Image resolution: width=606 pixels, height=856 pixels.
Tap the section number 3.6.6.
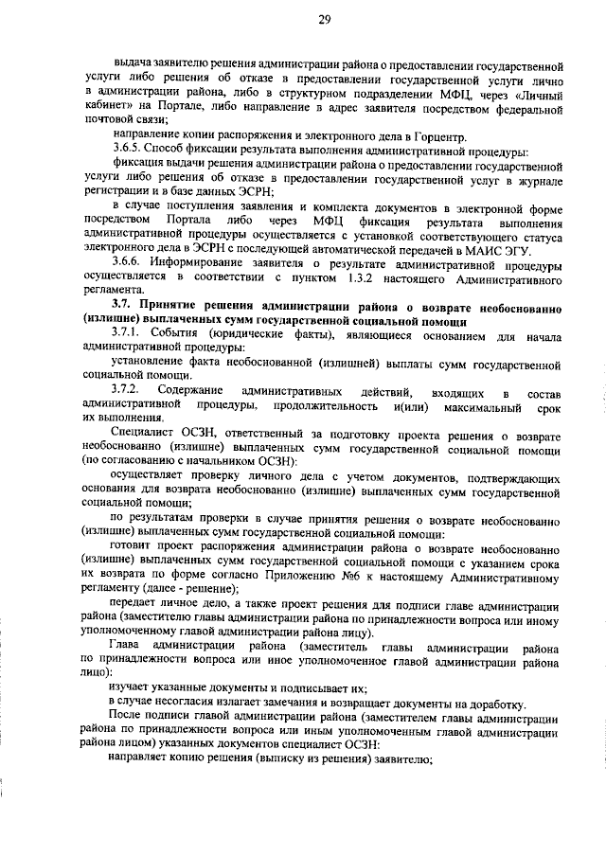130,260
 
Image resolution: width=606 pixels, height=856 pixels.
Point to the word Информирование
210,260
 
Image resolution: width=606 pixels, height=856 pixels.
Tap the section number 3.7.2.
130,390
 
